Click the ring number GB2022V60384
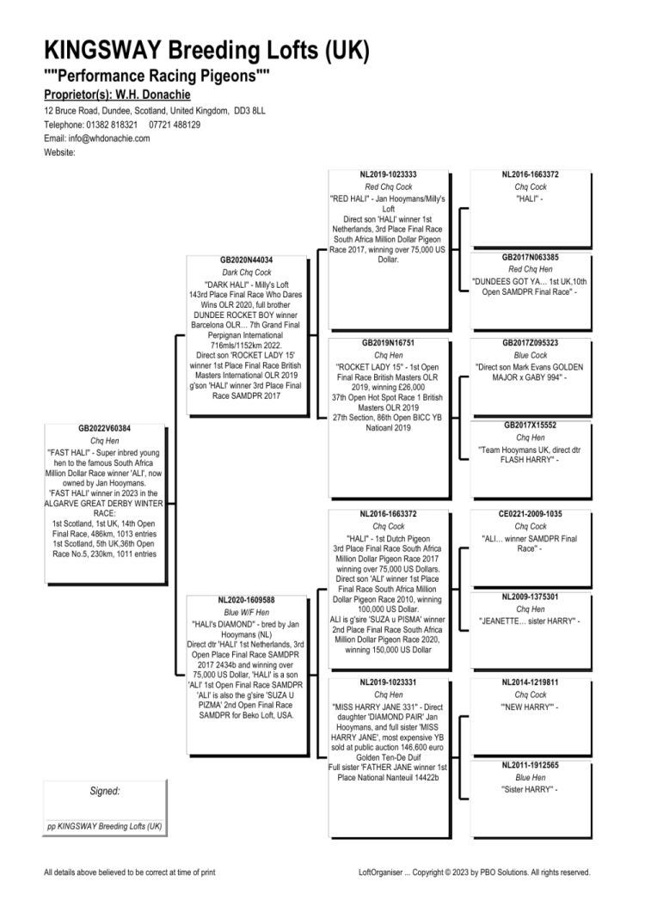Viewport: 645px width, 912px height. [104, 429]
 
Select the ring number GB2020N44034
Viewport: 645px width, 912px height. [246, 260]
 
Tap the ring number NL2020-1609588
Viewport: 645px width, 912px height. [246, 600]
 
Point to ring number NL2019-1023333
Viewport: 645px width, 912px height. [388, 174]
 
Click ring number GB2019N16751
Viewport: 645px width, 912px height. [388, 343]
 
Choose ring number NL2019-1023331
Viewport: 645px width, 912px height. [388, 682]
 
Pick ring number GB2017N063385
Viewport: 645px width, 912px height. [531, 257]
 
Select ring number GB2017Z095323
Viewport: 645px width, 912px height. [531, 343]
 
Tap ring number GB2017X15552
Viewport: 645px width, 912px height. [531, 425]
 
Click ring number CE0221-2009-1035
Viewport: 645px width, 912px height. [531, 514]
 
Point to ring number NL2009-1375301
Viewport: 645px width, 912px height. [531, 597]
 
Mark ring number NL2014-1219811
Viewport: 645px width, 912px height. [531, 682]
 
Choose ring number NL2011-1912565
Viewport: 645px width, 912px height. [531, 765]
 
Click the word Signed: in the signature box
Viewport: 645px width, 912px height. [105, 791]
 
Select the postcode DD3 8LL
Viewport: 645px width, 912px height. [249, 111]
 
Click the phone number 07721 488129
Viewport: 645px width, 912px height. [175, 125]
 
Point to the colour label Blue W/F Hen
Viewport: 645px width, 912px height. [246, 613]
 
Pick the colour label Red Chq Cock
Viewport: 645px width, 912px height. [388, 187]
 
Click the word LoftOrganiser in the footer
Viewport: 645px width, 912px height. [381, 872]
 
